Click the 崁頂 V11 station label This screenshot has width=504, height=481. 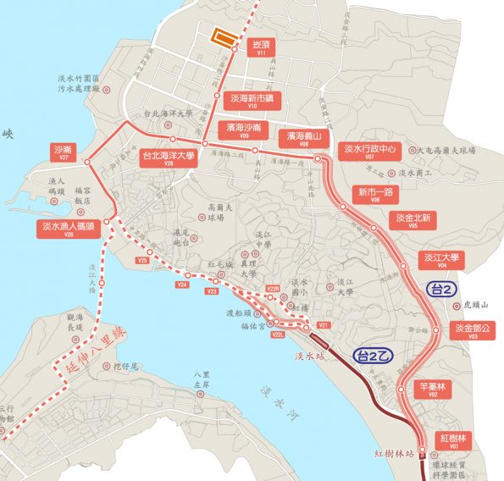261,47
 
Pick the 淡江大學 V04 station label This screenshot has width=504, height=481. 442,260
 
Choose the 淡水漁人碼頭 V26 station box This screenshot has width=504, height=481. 69,229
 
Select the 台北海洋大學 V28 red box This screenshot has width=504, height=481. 169,158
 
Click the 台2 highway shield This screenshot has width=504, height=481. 441,288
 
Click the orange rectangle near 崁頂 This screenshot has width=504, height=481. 223,37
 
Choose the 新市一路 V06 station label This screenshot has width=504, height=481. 374,194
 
